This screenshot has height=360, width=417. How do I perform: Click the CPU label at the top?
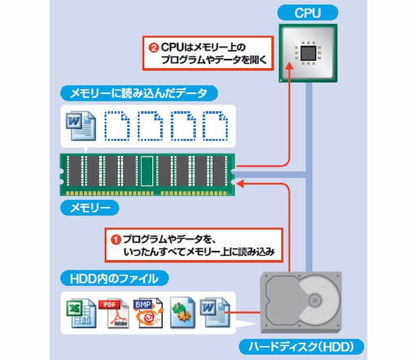tap(308, 12)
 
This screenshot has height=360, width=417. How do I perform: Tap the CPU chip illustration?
tap(308, 53)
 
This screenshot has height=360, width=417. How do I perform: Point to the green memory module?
tap(148, 172)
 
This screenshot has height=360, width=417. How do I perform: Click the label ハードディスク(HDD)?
tap(301, 345)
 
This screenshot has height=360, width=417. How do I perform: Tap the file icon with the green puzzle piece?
tap(182, 314)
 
